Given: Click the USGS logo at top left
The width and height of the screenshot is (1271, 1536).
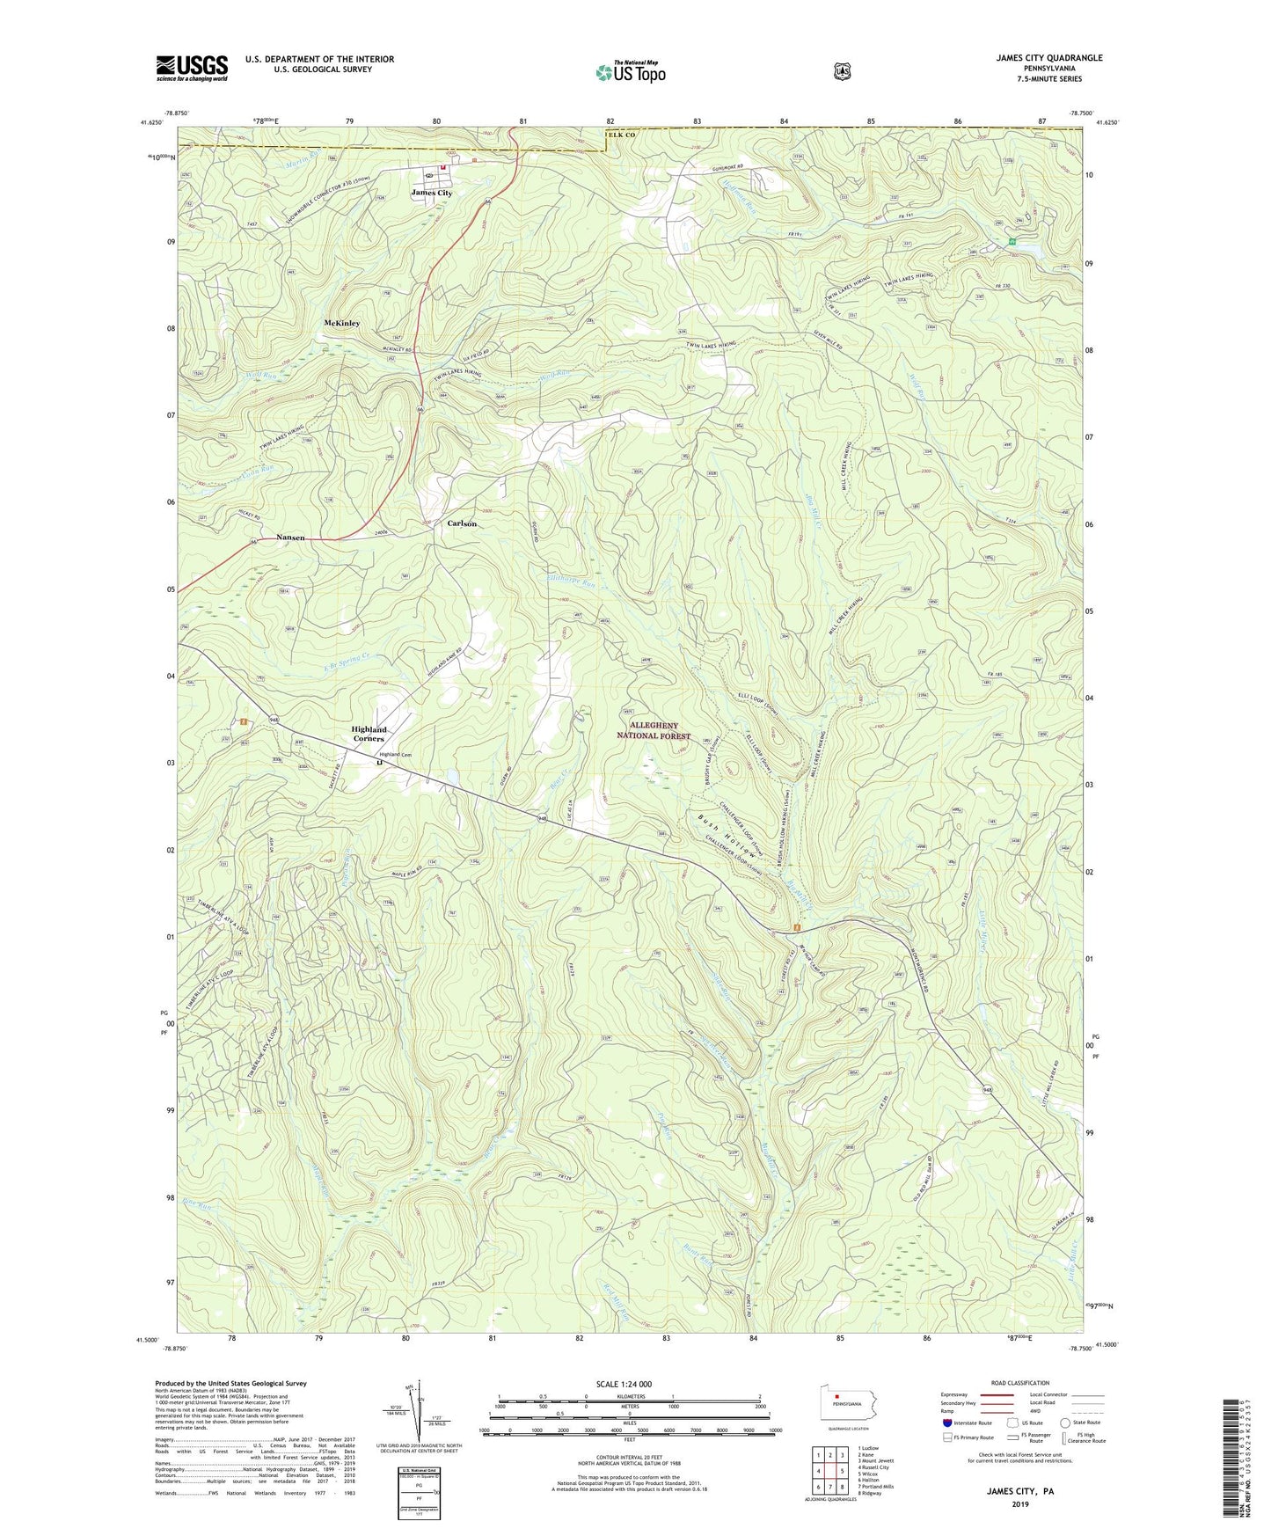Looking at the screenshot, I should coord(192,67).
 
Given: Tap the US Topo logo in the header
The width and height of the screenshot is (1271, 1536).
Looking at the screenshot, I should coord(630,72).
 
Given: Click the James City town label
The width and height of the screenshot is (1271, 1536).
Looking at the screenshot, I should coord(432,193).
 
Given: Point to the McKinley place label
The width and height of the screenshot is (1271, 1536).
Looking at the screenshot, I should coord(342,323).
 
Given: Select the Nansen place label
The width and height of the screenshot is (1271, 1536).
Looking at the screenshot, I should coord(290,538).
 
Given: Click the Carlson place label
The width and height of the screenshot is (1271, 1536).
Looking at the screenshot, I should coord(462,523).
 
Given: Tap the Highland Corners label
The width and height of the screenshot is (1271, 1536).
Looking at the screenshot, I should coord(369,734).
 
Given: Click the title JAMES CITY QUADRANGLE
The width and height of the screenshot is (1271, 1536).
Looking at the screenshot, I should coord(1048,58).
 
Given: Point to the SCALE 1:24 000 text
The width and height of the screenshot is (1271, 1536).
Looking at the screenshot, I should coord(624,1384).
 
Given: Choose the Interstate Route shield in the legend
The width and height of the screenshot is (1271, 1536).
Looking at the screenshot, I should coord(946,1423).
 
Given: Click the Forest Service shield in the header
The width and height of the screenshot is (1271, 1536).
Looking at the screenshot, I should coord(843,71).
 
